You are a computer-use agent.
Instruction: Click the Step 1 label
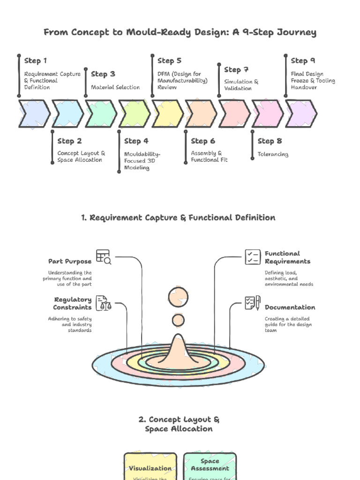point(36,60)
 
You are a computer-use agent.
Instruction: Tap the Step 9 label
point(302,60)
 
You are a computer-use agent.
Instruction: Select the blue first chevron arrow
point(34,113)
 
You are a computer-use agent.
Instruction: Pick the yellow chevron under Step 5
point(168,113)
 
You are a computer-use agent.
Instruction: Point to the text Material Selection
point(115,87)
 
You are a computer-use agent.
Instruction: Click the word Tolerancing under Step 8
point(273,154)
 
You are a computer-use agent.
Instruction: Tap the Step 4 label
point(136,141)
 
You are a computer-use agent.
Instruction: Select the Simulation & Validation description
point(241,85)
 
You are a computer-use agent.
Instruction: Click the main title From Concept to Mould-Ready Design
point(180,32)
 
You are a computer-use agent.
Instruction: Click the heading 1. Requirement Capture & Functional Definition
point(178,217)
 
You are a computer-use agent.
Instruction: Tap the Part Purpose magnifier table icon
point(104,256)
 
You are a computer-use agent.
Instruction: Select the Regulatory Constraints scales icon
point(104,303)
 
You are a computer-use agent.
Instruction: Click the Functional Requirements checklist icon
point(253,257)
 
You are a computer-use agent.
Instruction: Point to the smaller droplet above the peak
point(178,321)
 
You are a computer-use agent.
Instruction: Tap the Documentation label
point(290,307)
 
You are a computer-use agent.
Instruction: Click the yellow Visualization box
point(150,466)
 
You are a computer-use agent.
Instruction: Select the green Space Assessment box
point(210,466)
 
